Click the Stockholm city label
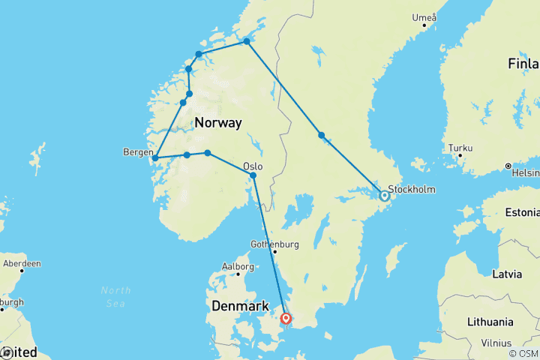tap(412, 189)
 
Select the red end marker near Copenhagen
tap(286, 319)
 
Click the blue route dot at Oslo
tap(253, 175)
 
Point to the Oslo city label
tap(253, 166)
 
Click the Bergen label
tap(136, 151)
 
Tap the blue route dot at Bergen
tap(154, 158)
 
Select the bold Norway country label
tap(217, 122)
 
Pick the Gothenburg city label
tap(274, 244)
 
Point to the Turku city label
tap(461, 148)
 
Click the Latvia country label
tap(507, 274)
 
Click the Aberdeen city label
tap(21, 264)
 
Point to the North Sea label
tap(115, 295)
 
